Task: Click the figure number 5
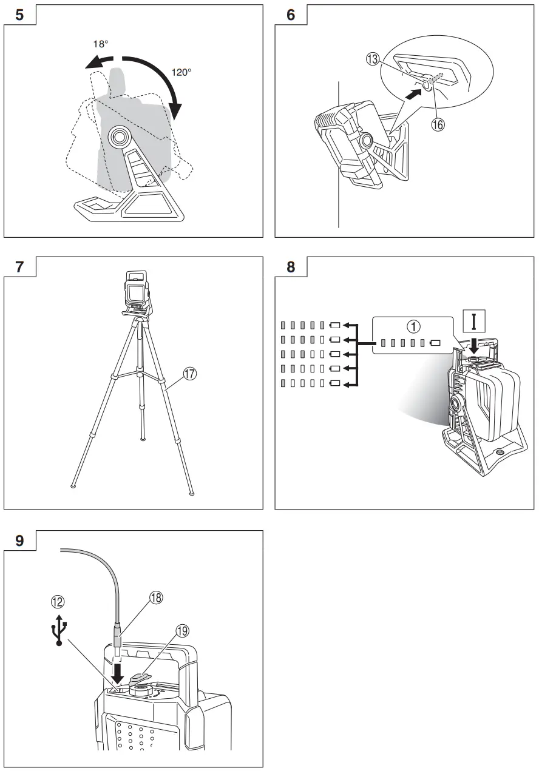tap(20, 15)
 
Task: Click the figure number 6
tap(291, 15)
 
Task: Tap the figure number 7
tap(20, 267)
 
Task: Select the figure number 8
tap(291, 267)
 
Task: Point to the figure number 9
tap(20, 540)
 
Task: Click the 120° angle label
tap(181, 71)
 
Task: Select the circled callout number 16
tap(438, 124)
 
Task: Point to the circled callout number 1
tap(413, 326)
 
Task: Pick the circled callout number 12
tap(59, 602)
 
